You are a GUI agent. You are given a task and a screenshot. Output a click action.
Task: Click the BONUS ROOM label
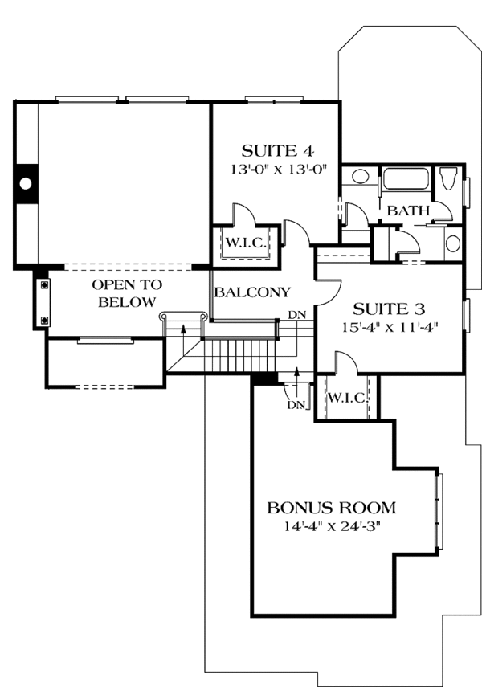(331, 508)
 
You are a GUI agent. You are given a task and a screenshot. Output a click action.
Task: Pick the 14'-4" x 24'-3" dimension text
(331, 527)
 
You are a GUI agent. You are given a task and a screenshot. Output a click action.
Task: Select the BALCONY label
(251, 292)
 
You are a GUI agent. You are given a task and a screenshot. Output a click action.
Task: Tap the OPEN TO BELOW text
(126, 293)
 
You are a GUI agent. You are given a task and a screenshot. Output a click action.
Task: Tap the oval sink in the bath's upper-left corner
(360, 176)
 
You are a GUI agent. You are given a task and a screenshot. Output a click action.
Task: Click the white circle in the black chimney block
(26, 184)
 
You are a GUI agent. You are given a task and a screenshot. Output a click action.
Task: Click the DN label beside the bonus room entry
(296, 404)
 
